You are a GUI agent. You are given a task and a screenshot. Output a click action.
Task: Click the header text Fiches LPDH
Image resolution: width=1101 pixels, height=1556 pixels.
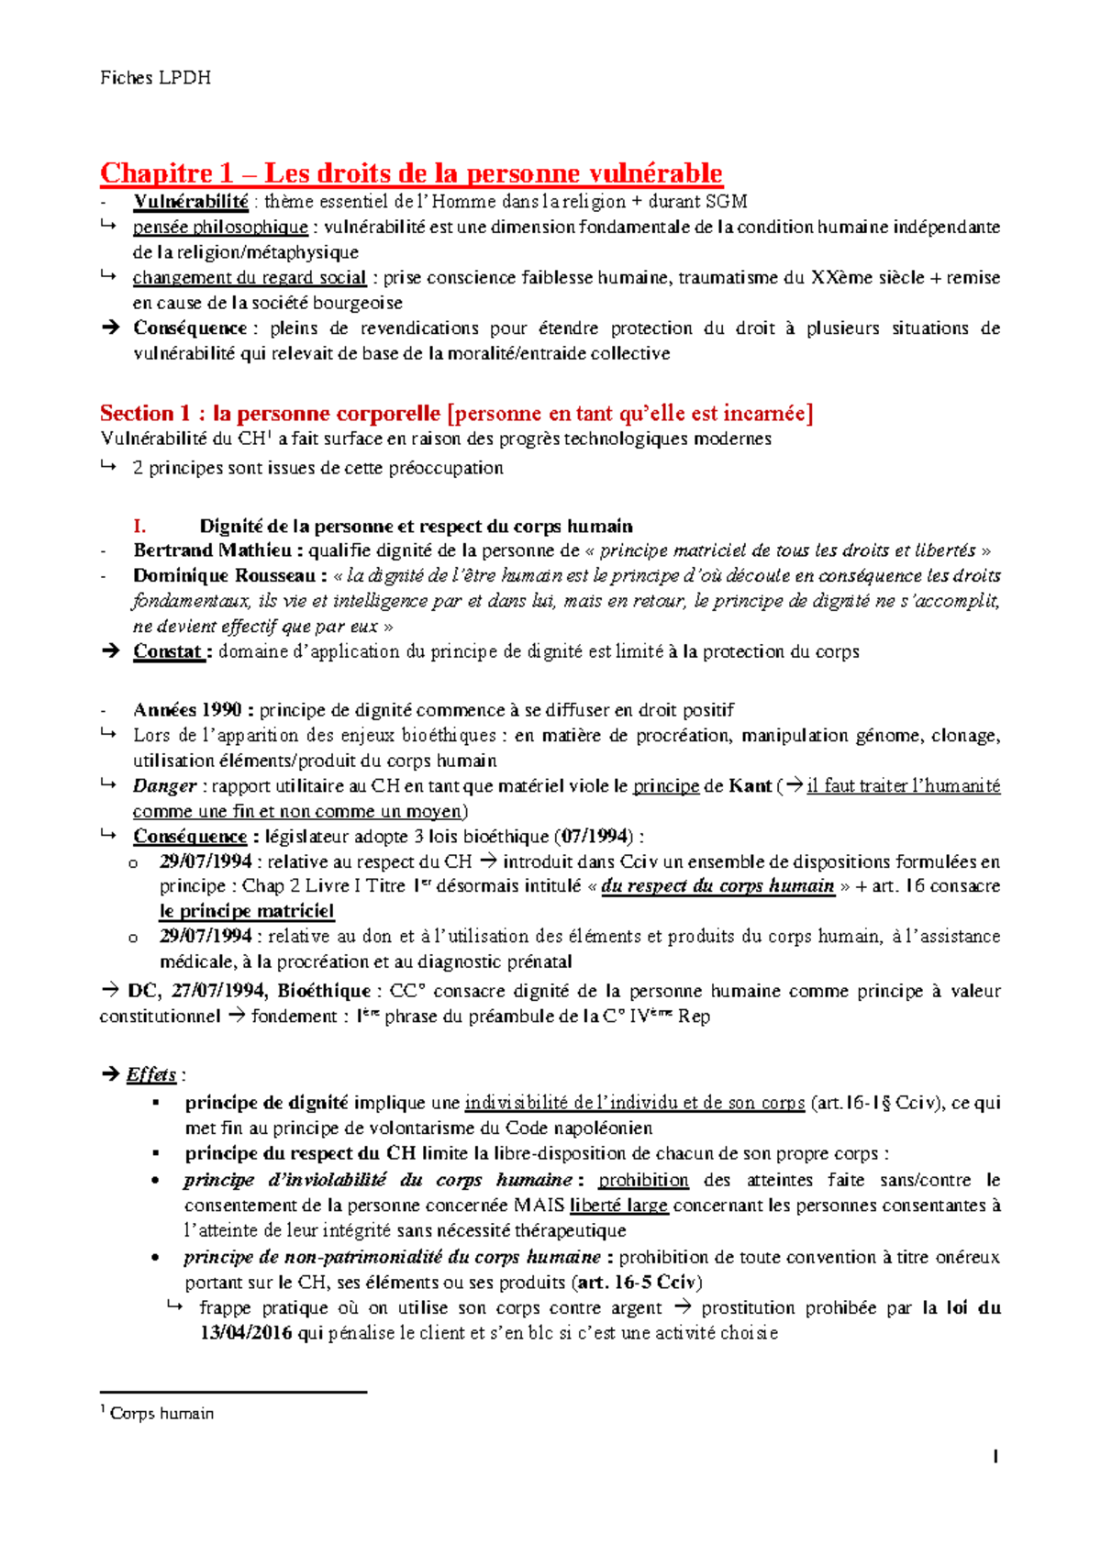coord(155,78)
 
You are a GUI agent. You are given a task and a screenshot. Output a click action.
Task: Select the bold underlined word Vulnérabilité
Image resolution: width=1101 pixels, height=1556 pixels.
coord(190,202)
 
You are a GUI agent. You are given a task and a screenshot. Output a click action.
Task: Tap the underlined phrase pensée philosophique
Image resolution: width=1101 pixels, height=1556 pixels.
coord(220,228)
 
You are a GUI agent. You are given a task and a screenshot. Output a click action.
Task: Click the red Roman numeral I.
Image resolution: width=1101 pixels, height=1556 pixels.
coord(139,527)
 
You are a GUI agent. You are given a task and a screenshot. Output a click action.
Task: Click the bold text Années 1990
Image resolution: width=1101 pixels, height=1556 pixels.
coord(187,710)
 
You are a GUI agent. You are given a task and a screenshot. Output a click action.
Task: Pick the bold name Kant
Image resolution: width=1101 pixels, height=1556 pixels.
coord(750,786)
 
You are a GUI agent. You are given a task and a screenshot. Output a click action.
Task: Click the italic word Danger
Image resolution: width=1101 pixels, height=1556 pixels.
coord(164,786)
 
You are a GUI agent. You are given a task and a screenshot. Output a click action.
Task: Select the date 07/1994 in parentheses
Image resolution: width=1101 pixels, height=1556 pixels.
coord(596,837)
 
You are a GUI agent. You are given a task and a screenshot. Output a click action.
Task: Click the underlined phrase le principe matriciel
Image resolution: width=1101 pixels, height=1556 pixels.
coord(246,912)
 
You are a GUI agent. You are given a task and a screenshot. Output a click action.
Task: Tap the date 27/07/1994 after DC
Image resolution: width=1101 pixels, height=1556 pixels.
coord(219,992)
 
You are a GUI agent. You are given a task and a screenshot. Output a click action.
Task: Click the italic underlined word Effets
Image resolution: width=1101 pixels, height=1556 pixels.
coord(151,1075)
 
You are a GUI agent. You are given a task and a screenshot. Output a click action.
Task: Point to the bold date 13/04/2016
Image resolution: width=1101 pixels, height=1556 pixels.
coord(246,1334)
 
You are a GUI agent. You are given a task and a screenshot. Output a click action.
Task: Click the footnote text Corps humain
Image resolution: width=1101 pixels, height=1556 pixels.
coord(161,1414)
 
